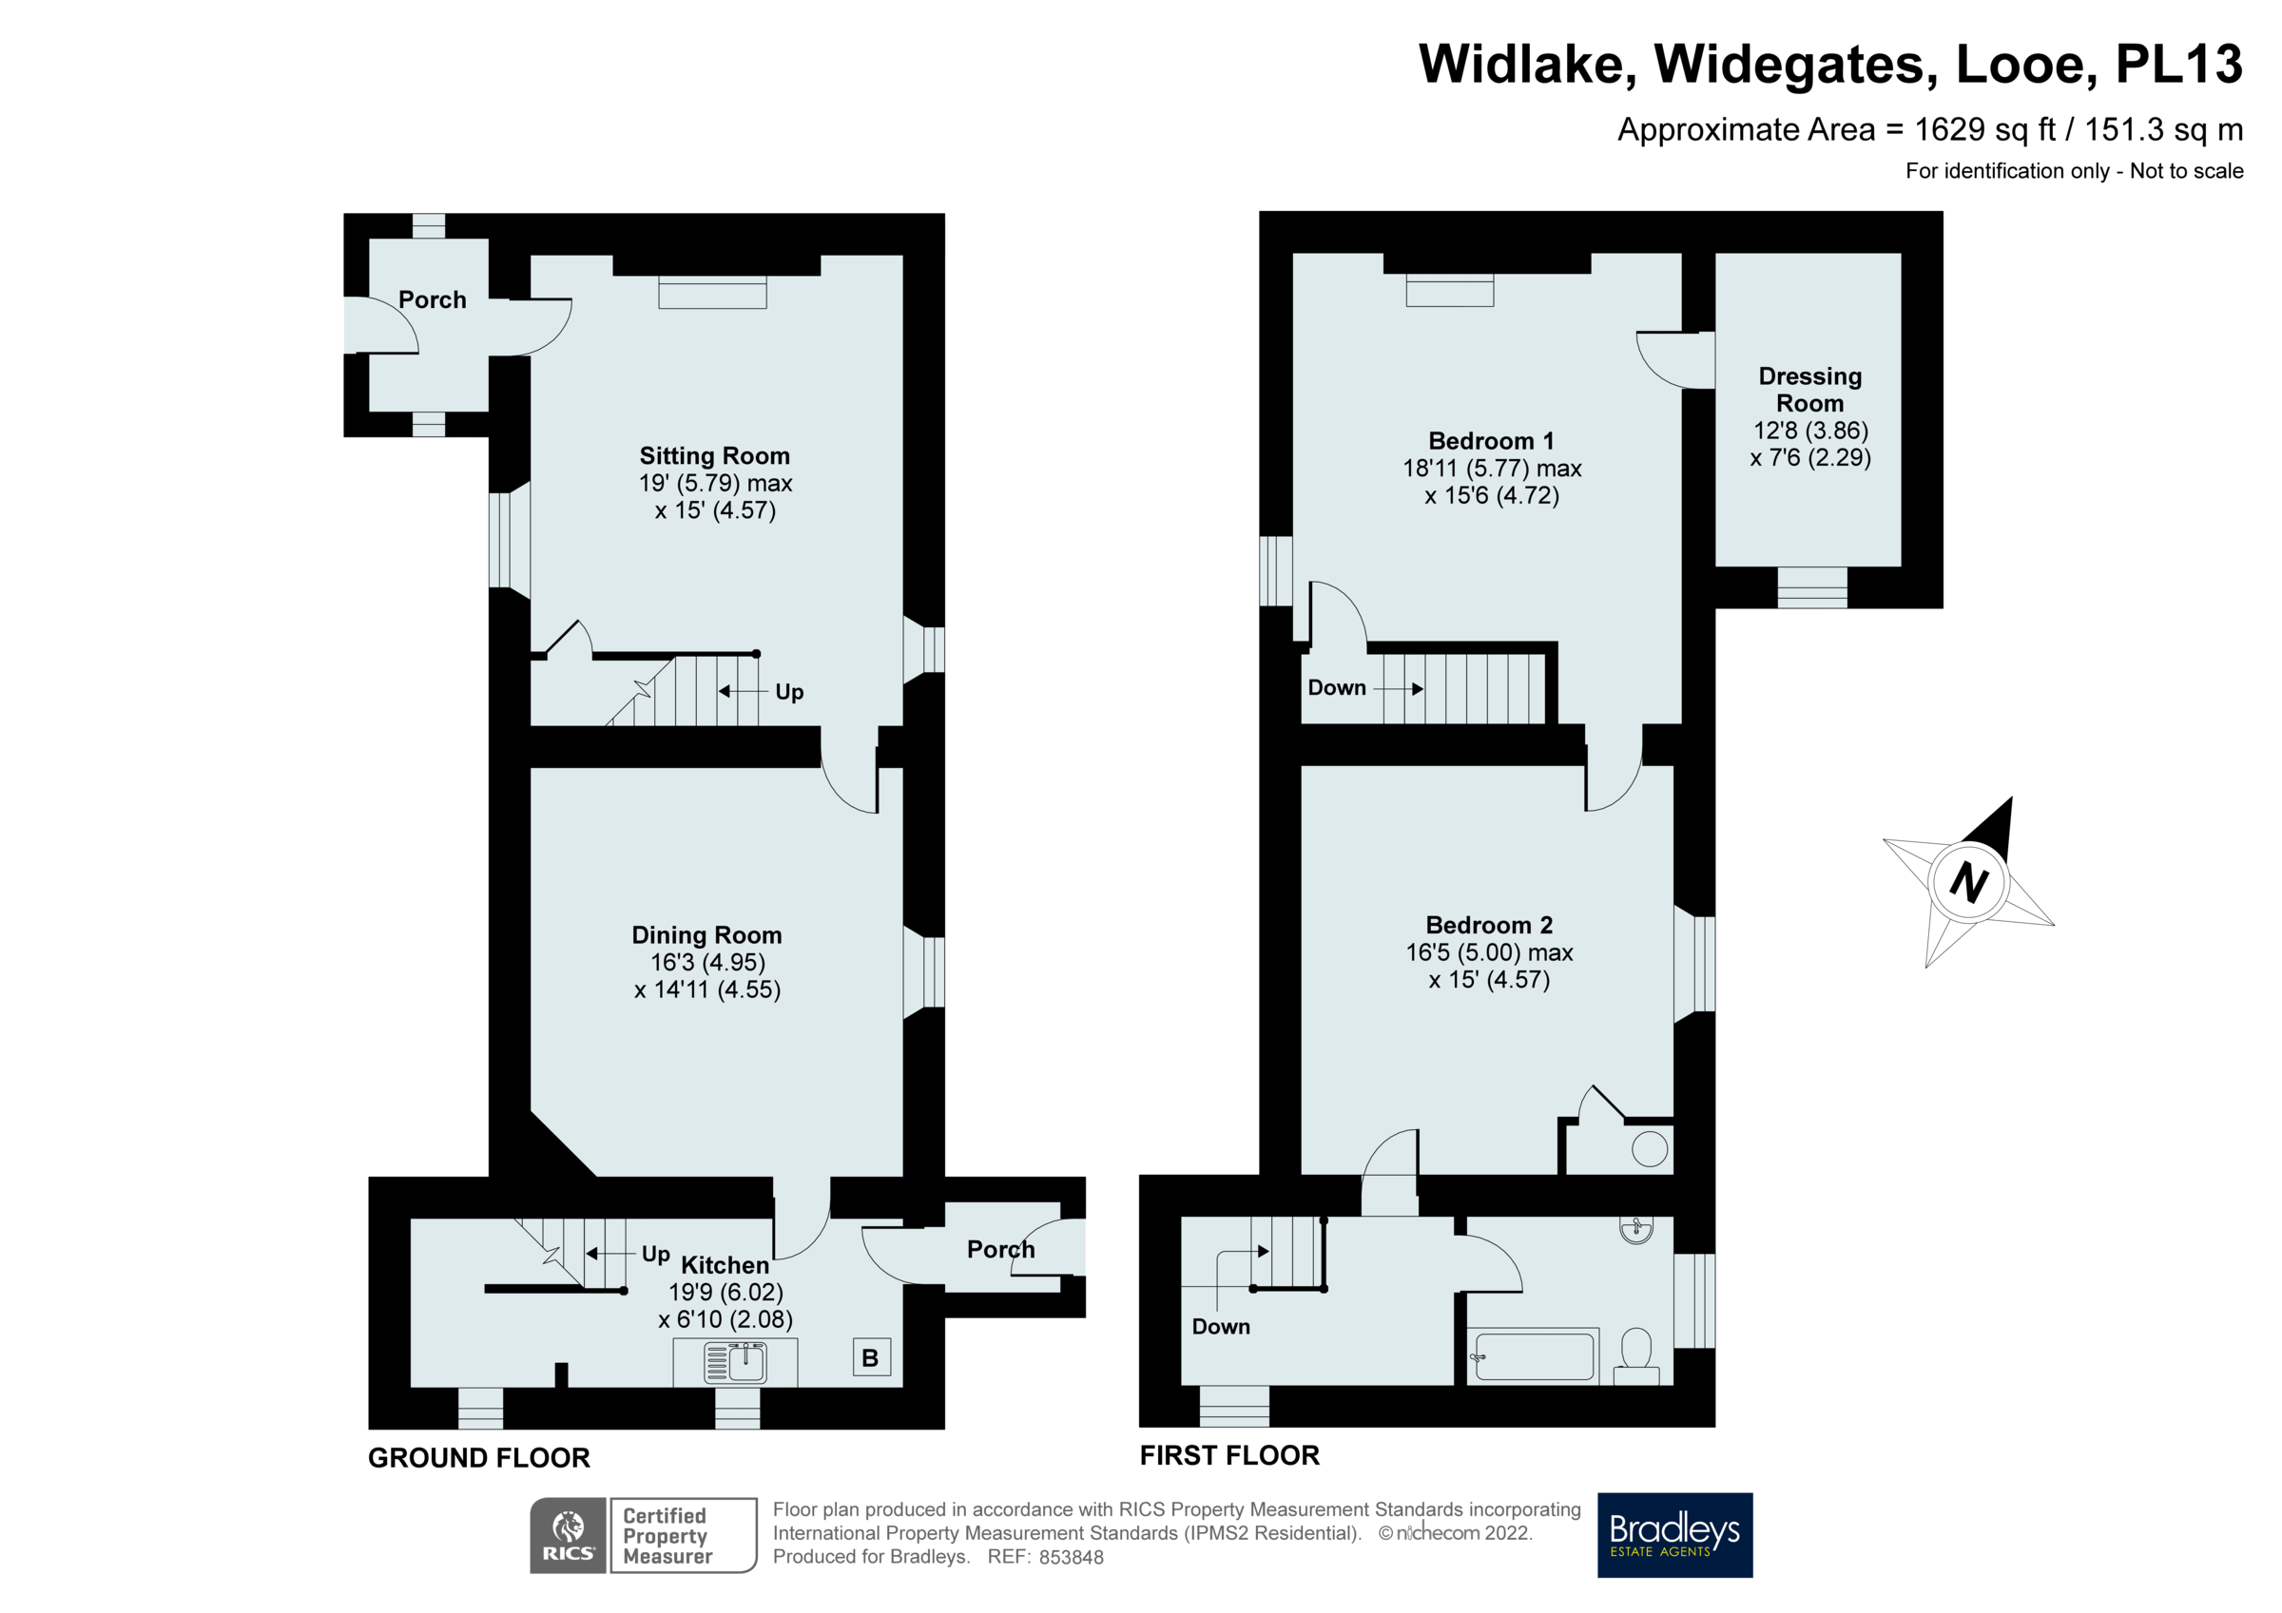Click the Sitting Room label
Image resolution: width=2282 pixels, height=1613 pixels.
[x=714, y=456]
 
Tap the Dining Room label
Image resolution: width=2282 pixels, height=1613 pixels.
[x=706, y=935]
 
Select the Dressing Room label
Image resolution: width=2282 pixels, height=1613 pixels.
[x=1809, y=390]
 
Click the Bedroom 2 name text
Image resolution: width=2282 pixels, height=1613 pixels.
[x=1489, y=925]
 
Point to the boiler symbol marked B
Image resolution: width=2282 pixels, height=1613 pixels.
[x=871, y=1357]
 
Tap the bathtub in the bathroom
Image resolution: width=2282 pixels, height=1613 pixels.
[x=1535, y=1356]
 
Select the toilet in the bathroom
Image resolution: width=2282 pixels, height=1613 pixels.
[x=1636, y=1357]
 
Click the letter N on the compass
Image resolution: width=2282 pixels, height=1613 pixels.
[x=1968, y=881]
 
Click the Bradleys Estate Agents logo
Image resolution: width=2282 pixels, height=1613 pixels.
[x=1674, y=1534]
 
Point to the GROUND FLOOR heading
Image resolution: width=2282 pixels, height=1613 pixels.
[x=479, y=1458]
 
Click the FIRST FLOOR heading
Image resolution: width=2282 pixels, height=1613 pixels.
[x=1229, y=1455]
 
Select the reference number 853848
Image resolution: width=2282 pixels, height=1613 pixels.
[x=1071, y=1557]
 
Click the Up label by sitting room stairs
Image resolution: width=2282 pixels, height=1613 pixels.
[x=789, y=692]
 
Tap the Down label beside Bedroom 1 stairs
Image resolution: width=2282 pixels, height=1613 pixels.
[x=1336, y=688]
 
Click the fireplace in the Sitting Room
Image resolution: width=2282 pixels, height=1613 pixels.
[x=712, y=293]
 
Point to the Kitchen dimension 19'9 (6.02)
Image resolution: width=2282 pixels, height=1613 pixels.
[x=725, y=1292]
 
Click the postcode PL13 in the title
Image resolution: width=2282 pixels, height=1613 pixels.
[x=2177, y=65]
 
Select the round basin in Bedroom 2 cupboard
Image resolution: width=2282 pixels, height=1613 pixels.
[x=1650, y=1150]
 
